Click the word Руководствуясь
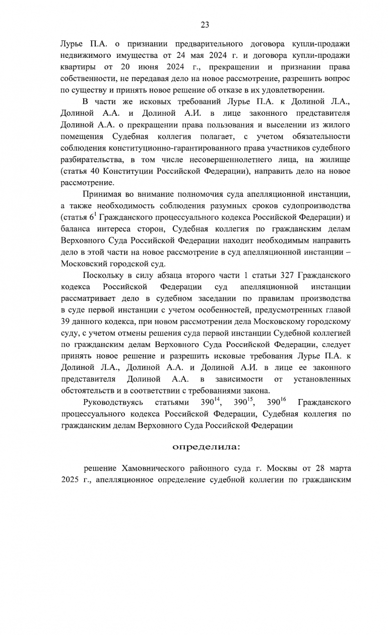tap(113, 403)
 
